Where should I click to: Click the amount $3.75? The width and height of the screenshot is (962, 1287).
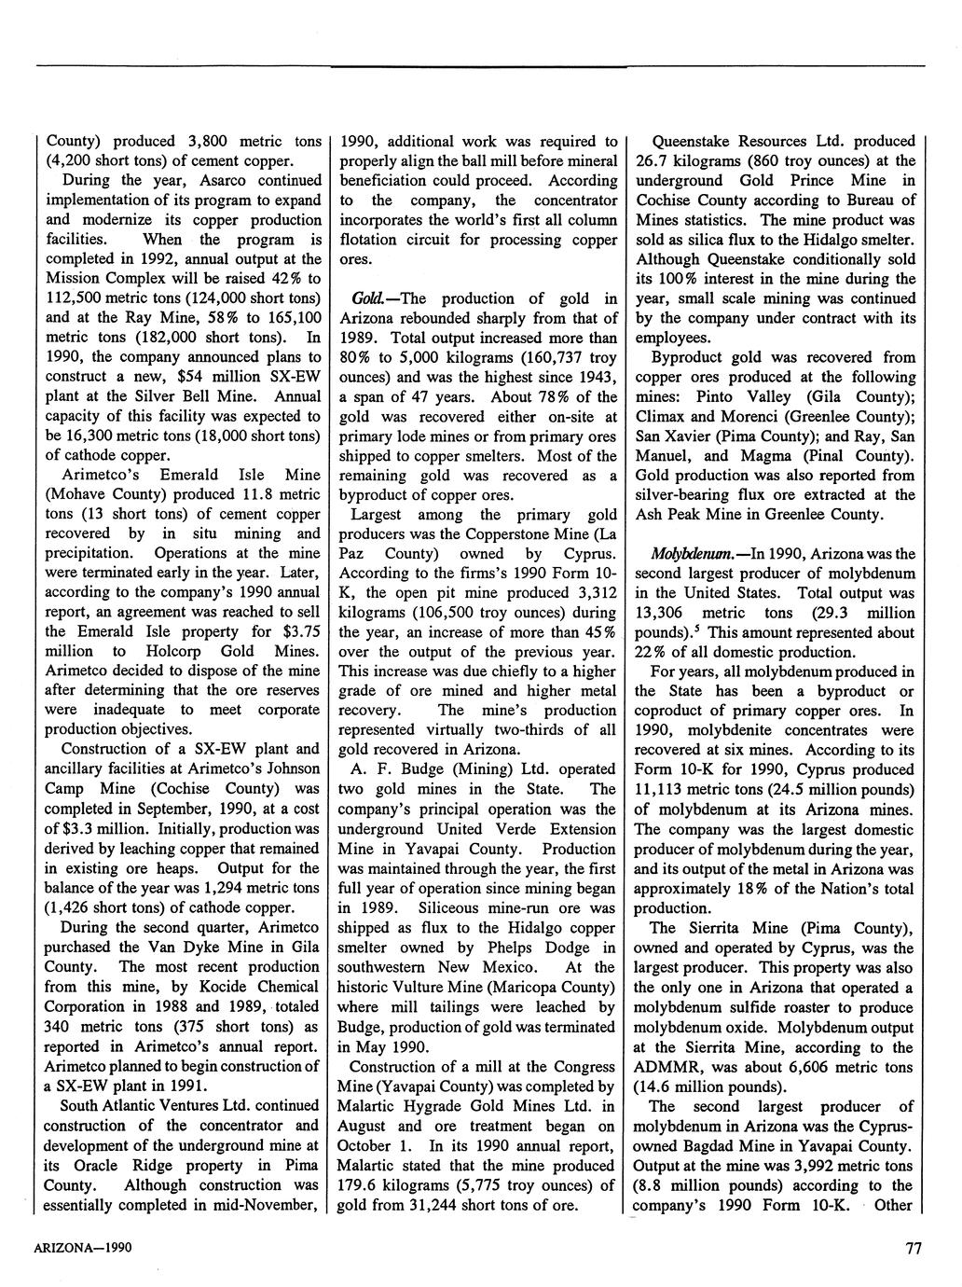(300, 631)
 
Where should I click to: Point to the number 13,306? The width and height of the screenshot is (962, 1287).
(661, 613)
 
